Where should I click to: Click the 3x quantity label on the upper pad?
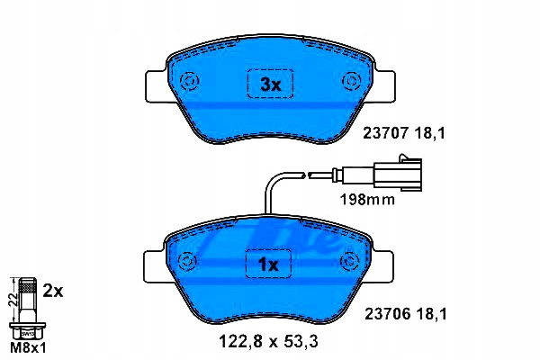click(x=271, y=85)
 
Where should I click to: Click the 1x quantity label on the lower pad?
click(x=268, y=265)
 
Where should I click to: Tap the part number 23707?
click(x=386, y=133)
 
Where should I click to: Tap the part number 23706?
click(x=388, y=314)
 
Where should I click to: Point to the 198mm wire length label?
click(x=367, y=200)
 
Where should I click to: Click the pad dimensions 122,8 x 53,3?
click(x=268, y=341)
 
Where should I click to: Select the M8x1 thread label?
click(x=28, y=348)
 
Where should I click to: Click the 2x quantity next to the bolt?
click(x=53, y=292)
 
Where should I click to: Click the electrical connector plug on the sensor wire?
click(x=398, y=174)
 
